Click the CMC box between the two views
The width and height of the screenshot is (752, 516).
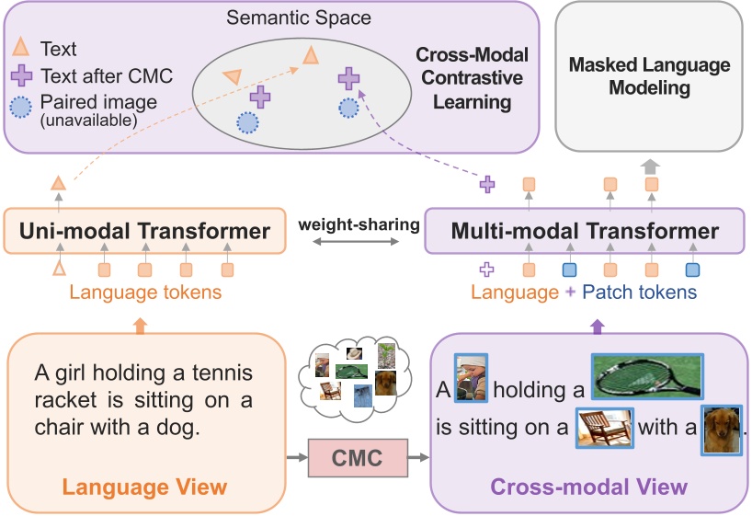point(358,457)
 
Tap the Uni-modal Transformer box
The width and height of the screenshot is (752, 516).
point(145,231)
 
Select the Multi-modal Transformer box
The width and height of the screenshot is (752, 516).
point(585,231)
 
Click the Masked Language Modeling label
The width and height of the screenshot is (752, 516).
point(649,75)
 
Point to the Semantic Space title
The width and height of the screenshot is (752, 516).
point(299,17)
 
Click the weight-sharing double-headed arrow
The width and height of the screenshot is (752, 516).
point(356,241)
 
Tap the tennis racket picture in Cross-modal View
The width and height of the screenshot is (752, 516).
point(647,376)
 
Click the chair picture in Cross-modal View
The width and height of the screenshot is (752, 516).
point(605,428)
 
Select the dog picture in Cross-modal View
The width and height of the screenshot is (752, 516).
point(722,430)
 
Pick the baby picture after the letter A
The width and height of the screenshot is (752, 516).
point(471,378)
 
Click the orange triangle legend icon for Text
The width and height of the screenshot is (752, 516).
point(20,47)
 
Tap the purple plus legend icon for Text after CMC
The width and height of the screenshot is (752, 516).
point(21,75)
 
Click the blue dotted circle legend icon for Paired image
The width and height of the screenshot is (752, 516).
point(21,107)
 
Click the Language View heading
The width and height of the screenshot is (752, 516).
point(144,487)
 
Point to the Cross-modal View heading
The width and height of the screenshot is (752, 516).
point(589,487)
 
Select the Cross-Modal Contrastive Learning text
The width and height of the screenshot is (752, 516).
point(472,78)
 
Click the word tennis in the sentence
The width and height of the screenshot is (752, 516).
point(222,373)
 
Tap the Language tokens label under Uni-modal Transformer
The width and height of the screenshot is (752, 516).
point(145,292)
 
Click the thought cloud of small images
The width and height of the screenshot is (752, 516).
point(356,379)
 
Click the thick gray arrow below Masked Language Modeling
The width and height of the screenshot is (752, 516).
point(650,166)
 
